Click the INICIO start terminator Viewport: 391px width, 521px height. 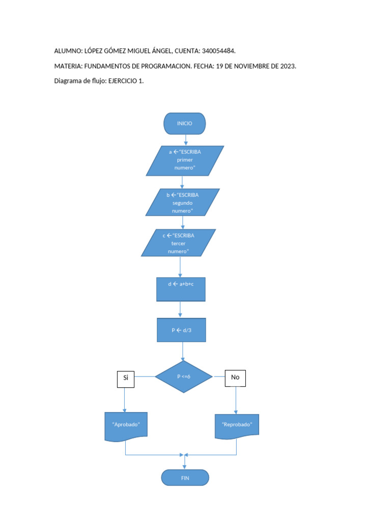[184, 124]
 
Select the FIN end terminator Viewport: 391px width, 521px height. [185, 478]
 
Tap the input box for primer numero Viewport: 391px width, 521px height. [185, 160]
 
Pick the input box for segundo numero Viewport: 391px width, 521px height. [182, 202]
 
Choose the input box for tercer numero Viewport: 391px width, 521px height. [178, 243]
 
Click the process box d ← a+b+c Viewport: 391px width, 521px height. [181, 289]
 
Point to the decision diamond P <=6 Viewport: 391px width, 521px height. [183, 377]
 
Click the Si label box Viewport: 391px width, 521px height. [125, 378]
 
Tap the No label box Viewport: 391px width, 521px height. [235, 378]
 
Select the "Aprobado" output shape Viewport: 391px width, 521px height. [126, 425]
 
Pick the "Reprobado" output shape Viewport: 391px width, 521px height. [237, 425]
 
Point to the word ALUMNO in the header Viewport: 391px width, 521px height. [68, 51]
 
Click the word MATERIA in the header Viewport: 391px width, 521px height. [68, 66]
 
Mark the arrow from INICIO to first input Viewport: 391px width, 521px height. [186, 140]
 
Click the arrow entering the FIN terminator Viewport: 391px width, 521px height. [185, 462]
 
